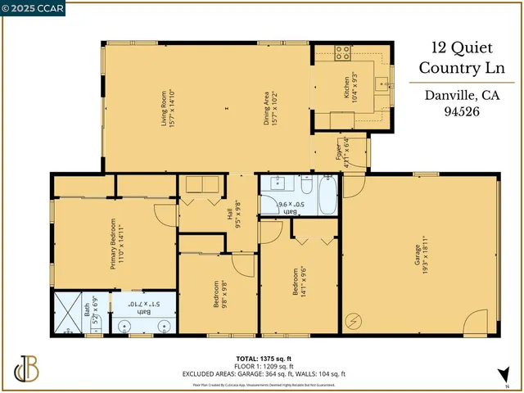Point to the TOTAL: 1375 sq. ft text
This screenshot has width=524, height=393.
tap(264, 359)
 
